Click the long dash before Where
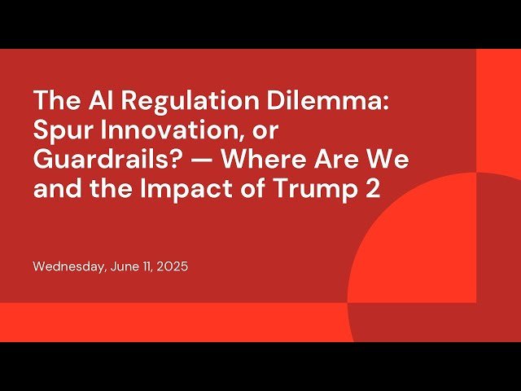(196, 160)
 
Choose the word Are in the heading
(333, 160)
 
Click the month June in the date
(122, 266)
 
